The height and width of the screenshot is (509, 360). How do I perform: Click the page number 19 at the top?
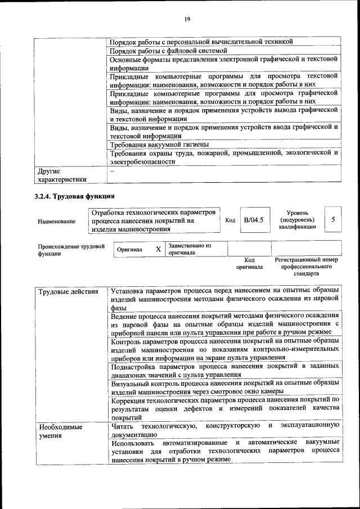[187, 19]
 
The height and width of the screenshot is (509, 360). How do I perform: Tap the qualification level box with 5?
[334, 220]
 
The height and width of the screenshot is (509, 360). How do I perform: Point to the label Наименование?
[56, 222]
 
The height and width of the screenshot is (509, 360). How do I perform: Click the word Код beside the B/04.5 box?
[230, 220]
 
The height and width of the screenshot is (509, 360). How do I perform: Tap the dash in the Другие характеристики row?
[112, 170]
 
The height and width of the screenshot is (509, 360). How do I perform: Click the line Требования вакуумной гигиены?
[155, 144]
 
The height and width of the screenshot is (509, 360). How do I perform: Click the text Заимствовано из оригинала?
[190, 249]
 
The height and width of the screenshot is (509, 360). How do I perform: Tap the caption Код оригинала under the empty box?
[245, 263]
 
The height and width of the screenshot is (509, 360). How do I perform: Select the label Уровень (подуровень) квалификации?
[297, 220]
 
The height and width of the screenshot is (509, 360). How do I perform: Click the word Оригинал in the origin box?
[129, 249]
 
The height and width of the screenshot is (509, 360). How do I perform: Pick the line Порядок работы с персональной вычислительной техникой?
[201, 42]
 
